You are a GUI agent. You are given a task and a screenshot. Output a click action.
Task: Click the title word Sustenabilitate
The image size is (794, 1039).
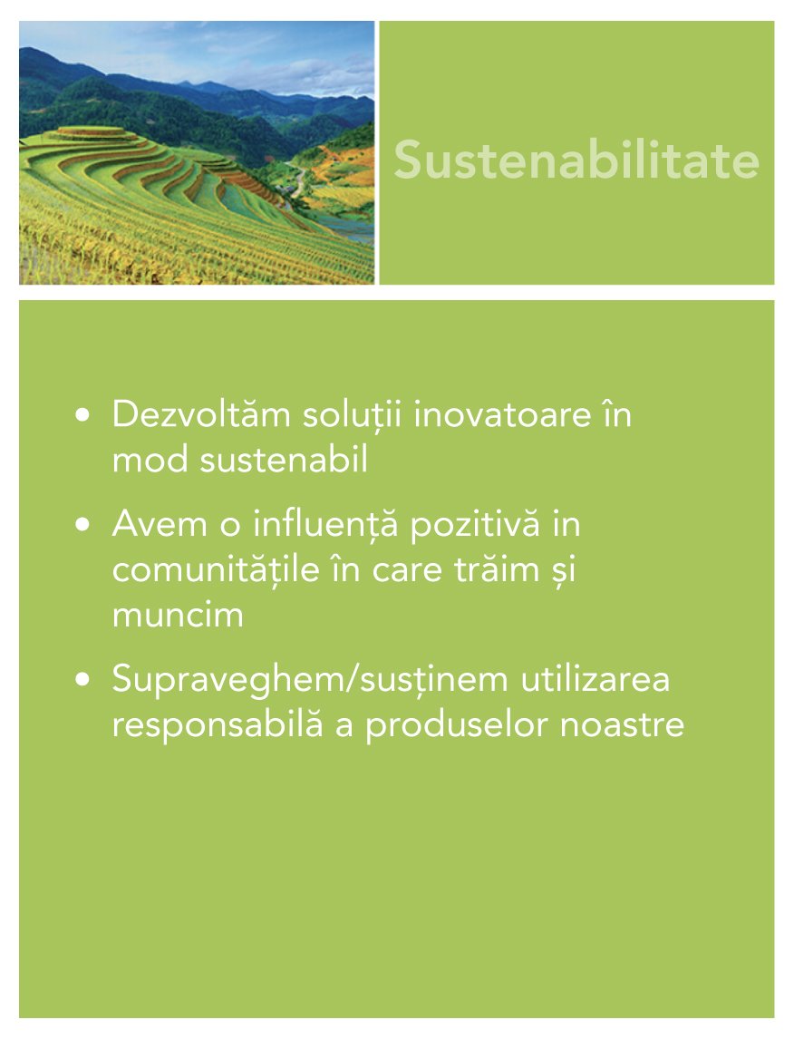click(x=576, y=160)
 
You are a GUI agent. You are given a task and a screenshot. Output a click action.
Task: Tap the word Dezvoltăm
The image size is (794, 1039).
click(x=201, y=414)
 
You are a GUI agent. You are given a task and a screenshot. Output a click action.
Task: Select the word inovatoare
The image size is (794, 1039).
click(x=502, y=415)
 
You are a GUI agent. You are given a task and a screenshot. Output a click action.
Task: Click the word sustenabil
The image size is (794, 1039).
click(x=284, y=459)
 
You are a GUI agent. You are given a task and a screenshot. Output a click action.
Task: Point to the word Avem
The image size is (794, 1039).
click(x=160, y=524)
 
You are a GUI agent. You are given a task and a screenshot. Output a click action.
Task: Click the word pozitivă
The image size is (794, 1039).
click(x=476, y=525)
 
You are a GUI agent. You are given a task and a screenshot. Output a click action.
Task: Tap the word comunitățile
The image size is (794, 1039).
click(x=216, y=569)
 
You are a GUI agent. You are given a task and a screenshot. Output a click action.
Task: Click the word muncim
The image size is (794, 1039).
click(x=179, y=615)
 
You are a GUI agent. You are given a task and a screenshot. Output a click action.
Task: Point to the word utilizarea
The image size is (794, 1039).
click(x=595, y=679)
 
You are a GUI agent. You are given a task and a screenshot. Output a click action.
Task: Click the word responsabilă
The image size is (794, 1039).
click(x=218, y=725)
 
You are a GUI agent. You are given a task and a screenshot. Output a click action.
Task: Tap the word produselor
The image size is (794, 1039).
click(x=457, y=725)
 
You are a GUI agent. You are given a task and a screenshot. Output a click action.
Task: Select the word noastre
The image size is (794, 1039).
click(x=622, y=725)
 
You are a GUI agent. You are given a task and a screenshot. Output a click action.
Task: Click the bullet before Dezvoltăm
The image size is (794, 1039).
click(x=82, y=415)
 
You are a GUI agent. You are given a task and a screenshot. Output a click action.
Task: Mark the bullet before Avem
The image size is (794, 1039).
click(x=82, y=526)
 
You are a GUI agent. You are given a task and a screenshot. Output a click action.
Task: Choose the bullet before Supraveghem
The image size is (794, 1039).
click(x=82, y=681)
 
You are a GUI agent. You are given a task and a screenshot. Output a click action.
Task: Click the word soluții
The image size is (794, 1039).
click(x=353, y=415)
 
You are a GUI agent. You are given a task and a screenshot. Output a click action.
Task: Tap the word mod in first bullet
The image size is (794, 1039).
click(x=150, y=459)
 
